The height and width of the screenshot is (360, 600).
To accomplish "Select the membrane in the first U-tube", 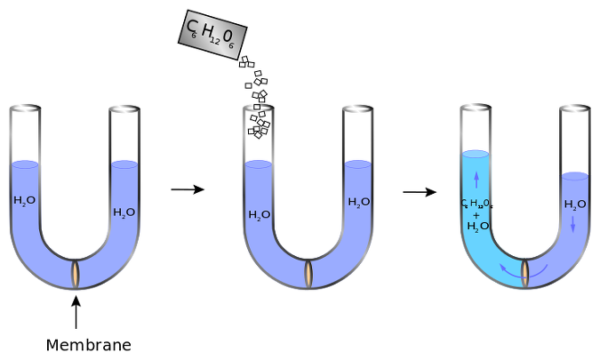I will [x=77, y=272].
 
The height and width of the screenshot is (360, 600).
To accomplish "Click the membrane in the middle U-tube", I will [x=309, y=272].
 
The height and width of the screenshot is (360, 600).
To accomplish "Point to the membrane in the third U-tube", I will [x=525, y=272].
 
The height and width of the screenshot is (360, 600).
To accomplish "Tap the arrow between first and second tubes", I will [x=188, y=189].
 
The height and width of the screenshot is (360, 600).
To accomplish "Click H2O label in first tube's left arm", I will [x=25, y=201].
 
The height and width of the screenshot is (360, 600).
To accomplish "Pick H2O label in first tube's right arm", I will [x=124, y=212].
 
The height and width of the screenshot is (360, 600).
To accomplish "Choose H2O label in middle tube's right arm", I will [x=359, y=202].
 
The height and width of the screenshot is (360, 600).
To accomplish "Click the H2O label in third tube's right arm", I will [x=575, y=204].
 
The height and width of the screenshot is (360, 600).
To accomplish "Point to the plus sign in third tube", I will [x=476, y=215].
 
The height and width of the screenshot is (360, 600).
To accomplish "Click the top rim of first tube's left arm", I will [x=25, y=109].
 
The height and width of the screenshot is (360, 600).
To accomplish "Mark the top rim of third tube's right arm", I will [x=575, y=109].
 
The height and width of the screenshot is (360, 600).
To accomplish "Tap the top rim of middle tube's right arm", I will [x=359, y=109].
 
